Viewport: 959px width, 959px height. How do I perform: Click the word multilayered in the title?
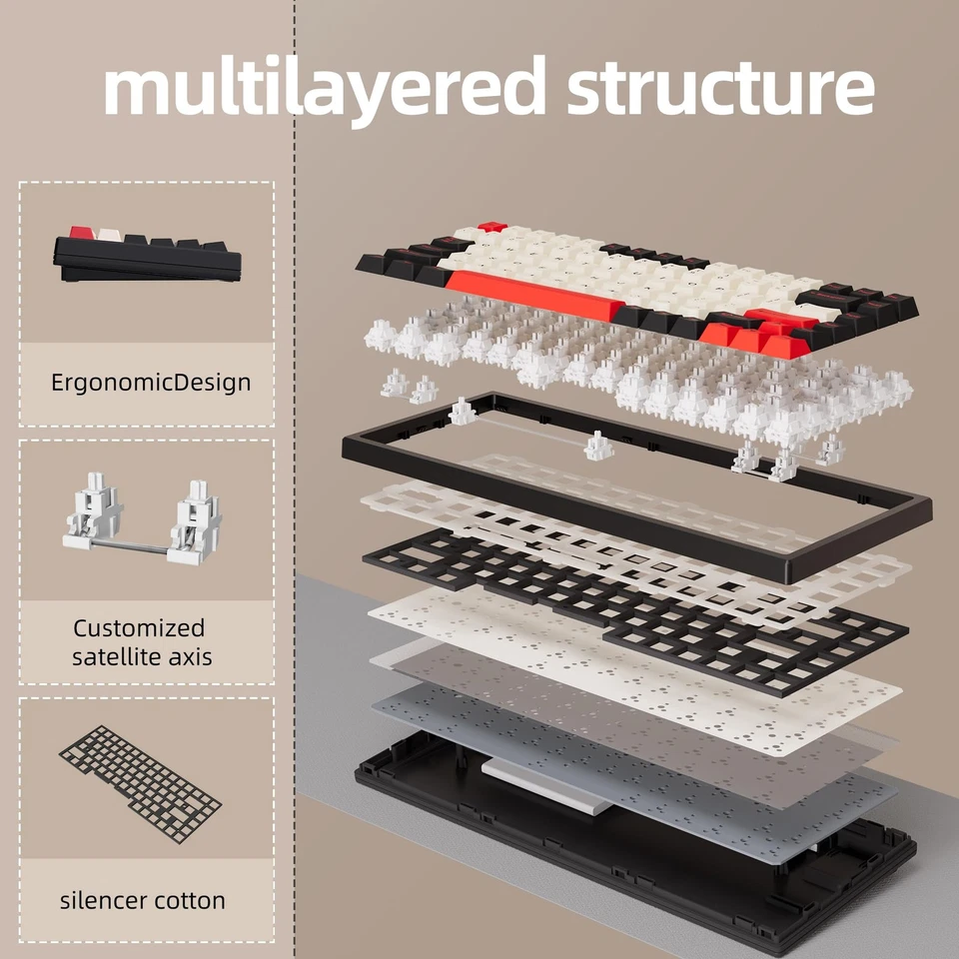[x=325, y=89]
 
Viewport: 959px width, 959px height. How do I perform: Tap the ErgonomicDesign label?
[x=151, y=383]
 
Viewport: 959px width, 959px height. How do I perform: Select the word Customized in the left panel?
[x=139, y=628]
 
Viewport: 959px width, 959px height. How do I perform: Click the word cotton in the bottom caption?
[x=190, y=901]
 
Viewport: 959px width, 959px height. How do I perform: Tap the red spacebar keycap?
[x=535, y=295]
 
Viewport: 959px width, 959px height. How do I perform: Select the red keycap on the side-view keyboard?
[x=80, y=233]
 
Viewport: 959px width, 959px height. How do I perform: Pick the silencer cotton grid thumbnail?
[x=140, y=785]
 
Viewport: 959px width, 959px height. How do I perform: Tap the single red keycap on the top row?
[x=492, y=227]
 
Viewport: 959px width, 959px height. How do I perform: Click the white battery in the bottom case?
[x=546, y=785]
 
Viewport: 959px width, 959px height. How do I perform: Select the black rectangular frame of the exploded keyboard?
[x=636, y=487]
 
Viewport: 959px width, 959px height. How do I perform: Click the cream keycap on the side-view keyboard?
[x=108, y=236]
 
